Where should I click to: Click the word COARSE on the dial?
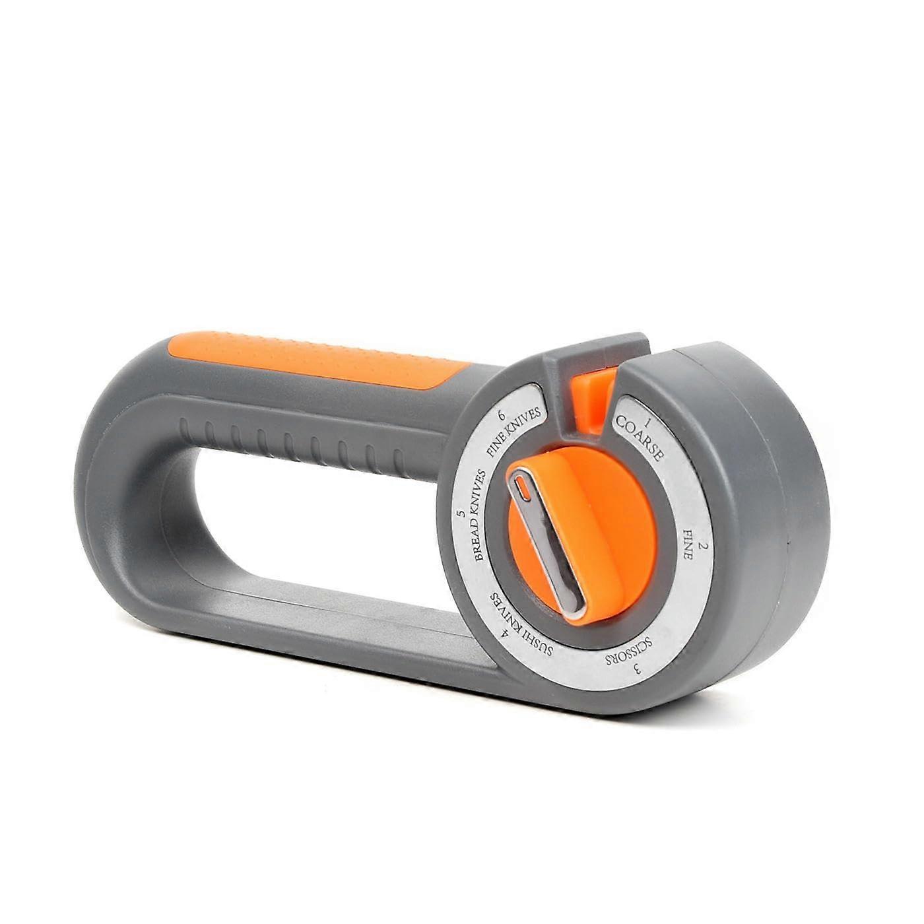[x=637, y=440]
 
